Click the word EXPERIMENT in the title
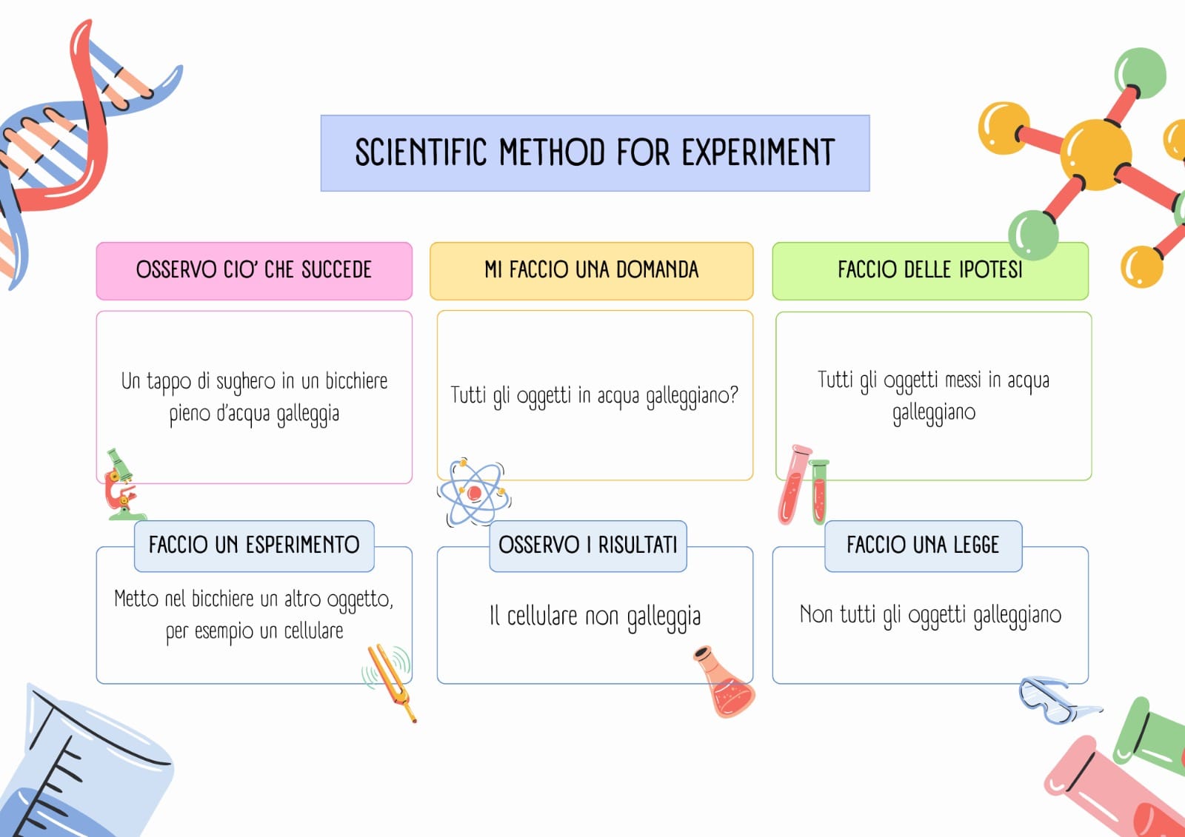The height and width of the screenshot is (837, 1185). [758, 152]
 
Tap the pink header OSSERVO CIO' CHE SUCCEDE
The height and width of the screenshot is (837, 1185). [254, 271]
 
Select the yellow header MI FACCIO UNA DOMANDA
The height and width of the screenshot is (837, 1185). [592, 271]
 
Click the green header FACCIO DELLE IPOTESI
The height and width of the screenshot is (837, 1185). [930, 271]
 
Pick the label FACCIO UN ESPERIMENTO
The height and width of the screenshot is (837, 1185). [254, 545]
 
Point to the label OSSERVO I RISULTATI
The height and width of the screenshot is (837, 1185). [588, 545]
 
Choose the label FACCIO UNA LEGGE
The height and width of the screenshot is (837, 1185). [923, 545]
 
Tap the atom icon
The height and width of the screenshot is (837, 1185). [474, 492]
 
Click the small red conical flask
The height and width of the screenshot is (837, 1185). [724, 682]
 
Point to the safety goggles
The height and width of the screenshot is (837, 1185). [1058, 700]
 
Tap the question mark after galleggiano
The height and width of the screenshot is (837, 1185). [733, 394]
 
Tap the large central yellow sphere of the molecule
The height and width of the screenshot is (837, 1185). [1095, 155]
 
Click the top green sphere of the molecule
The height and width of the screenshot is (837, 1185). [1140, 73]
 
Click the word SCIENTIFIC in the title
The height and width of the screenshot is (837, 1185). [421, 152]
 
